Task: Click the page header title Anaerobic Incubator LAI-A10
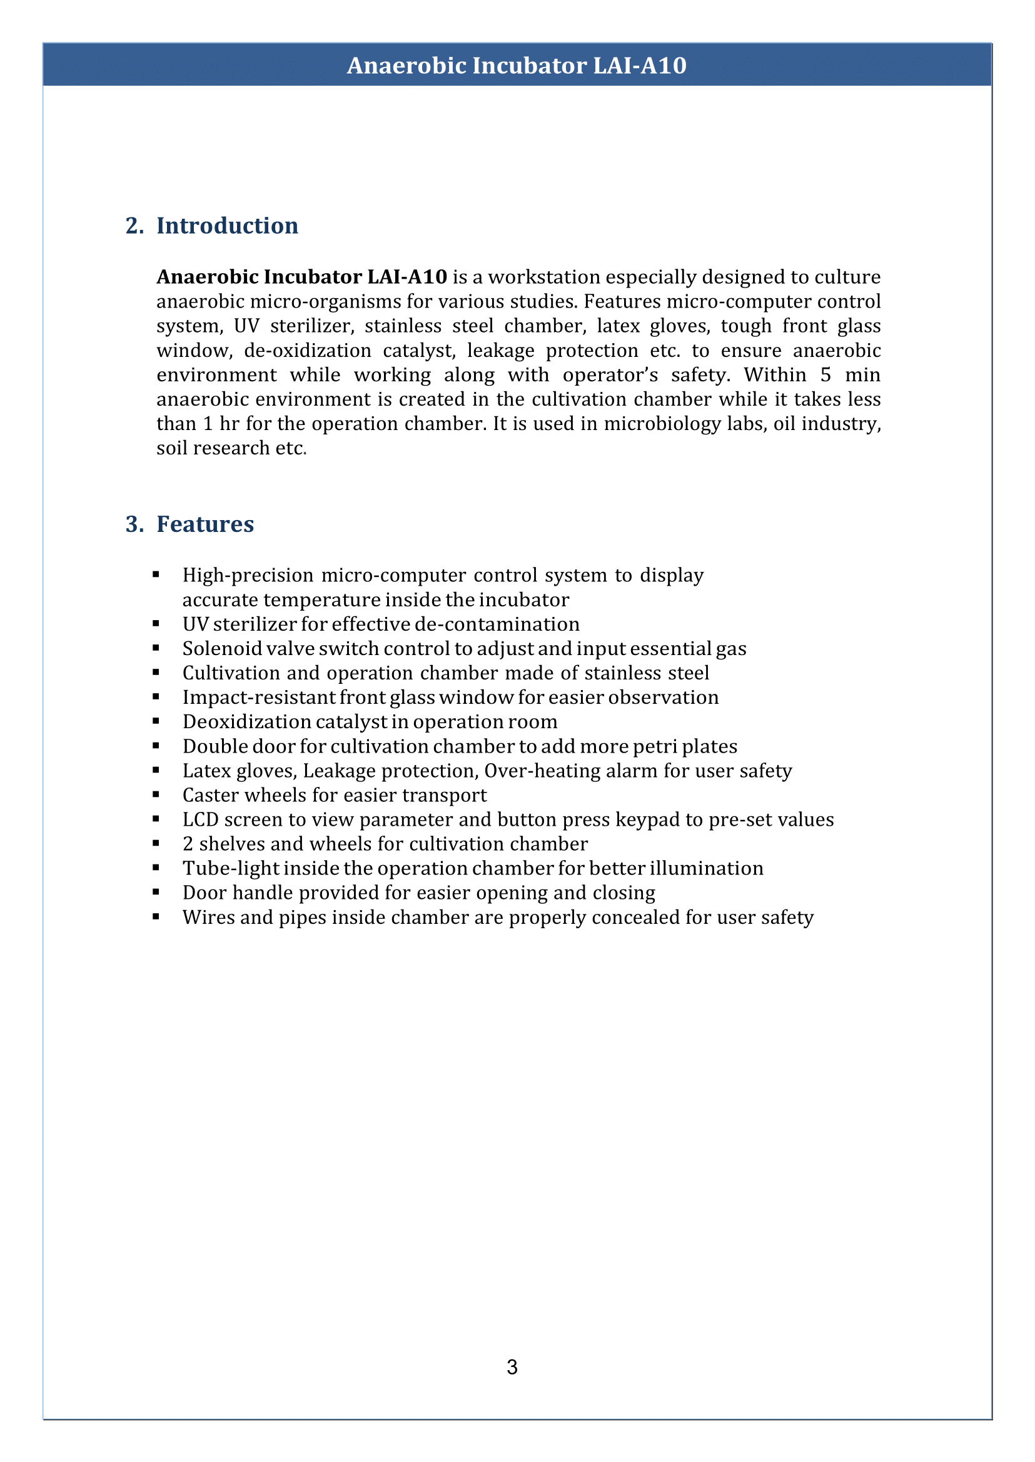tap(516, 66)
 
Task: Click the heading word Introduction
tap(227, 226)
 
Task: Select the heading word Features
tap(205, 524)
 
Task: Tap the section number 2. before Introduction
tap(134, 226)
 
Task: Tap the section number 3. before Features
tap(134, 524)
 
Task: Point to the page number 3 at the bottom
tap(512, 1367)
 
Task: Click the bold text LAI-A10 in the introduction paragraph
tap(407, 276)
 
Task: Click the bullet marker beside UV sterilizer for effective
tap(156, 624)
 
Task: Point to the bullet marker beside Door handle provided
tap(156, 893)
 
